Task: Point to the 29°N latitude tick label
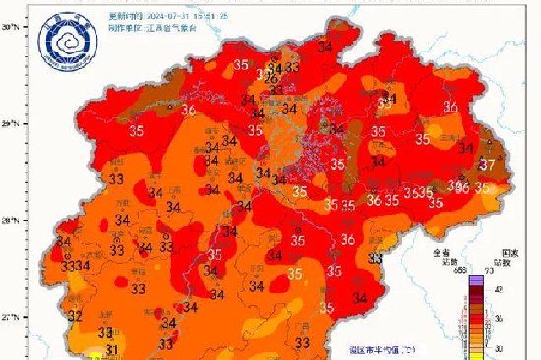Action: [9, 124]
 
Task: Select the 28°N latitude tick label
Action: [9, 221]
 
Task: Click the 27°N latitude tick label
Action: [9, 318]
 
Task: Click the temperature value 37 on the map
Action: [488, 164]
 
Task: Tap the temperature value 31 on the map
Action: [111, 349]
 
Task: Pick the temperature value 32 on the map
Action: [75, 317]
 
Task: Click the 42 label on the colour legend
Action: [500, 288]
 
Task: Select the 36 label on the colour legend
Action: [500, 319]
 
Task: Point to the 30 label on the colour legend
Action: [500, 348]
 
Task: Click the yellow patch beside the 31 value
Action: [95, 356]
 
